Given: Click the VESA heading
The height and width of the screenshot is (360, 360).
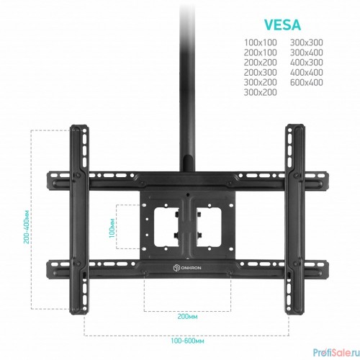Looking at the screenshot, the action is click(x=283, y=24).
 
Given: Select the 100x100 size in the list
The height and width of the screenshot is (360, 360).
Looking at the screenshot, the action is click(x=261, y=42).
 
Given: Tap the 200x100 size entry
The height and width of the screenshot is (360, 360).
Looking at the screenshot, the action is click(x=261, y=53).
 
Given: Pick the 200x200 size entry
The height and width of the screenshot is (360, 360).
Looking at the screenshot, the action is click(x=261, y=63).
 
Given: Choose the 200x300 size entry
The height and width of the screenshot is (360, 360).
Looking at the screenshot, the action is click(x=261, y=72).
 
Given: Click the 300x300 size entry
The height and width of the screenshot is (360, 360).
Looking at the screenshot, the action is click(x=307, y=42).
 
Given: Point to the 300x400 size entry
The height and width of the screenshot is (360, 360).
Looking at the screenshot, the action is click(x=307, y=53).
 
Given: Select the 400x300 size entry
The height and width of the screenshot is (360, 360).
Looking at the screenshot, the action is click(x=307, y=63).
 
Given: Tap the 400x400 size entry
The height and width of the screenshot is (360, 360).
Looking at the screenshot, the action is click(x=307, y=72).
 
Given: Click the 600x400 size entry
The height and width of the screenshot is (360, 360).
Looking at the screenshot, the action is click(x=307, y=82).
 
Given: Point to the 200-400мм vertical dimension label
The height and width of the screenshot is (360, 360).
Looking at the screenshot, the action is click(x=27, y=227).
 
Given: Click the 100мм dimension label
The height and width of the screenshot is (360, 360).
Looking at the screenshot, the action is click(x=112, y=228).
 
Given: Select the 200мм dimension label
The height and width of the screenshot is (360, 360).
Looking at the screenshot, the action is click(x=187, y=317).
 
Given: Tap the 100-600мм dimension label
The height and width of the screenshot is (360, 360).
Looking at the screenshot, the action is click(x=187, y=341).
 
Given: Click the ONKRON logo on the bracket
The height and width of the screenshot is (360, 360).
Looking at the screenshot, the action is click(x=187, y=268).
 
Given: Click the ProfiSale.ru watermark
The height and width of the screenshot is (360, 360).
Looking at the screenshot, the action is click(x=336, y=352).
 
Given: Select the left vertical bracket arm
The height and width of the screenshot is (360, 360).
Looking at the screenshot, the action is click(x=79, y=219).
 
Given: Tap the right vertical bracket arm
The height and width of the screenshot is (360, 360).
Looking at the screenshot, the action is click(x=295, y=219).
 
